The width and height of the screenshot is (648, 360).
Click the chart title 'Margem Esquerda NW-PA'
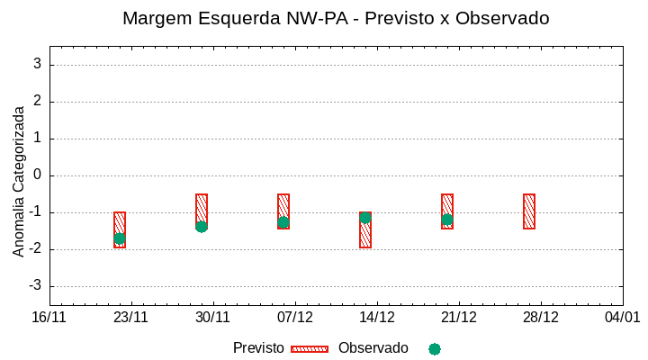pyautogui.click(x=336, y=18)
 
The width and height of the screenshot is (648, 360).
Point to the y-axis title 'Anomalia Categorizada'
pyautogui.click(x=19, y=181)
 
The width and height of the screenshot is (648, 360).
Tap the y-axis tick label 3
pyautogui.click(x=37, y=64)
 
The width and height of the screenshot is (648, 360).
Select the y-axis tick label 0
pyautogui.click(x=37, y=175)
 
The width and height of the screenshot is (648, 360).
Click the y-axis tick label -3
pyautogui.click(x=34, y=286)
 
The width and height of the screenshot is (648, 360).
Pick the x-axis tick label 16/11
pyautogui.click(x=49, y=318)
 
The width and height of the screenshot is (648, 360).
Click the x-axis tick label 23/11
pyautogui.click(x=131, y=318)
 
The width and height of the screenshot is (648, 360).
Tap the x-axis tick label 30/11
pyautogui.click(x=213, y=318)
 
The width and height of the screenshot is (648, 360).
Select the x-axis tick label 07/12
pyautogui.click(x=295, y=318)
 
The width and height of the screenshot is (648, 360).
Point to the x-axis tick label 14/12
pyautogui.click(x=377, y=318)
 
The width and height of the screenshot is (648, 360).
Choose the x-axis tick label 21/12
pyautogui.click(x=459, y=318)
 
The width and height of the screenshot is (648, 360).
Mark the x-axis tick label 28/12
pyautogui.click(x=541, y=318)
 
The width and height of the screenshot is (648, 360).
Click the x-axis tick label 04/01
pyautogui.click(x=622, y=318)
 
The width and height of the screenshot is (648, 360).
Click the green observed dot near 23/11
pyautogui.click(x=120, y=238)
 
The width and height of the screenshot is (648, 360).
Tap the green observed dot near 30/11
pyautogui.click(x=202, y=227)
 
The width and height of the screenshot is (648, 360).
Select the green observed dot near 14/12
pyautogui.click(x=365, y=218)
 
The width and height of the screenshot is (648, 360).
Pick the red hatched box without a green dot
pyautogui.click(x=529, y=211)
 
